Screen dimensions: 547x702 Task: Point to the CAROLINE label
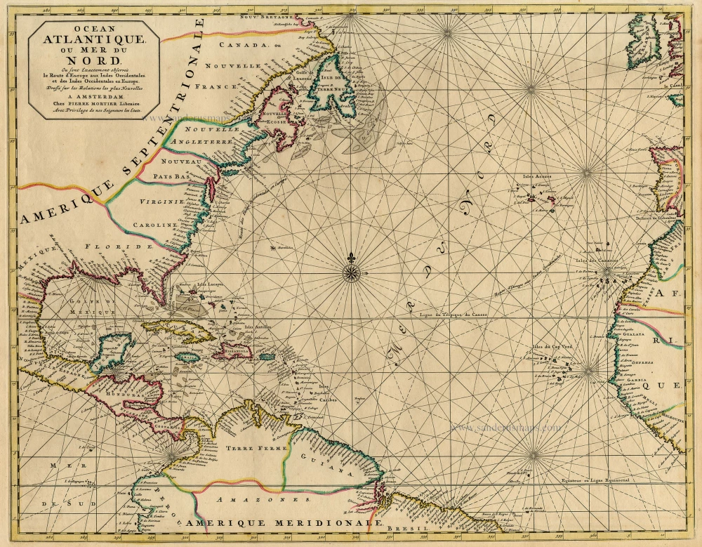click(x=152, y=225)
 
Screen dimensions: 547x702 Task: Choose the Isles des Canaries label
click(x=602, y=263)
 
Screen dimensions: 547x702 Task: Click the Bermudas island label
click(x=284, y=248)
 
